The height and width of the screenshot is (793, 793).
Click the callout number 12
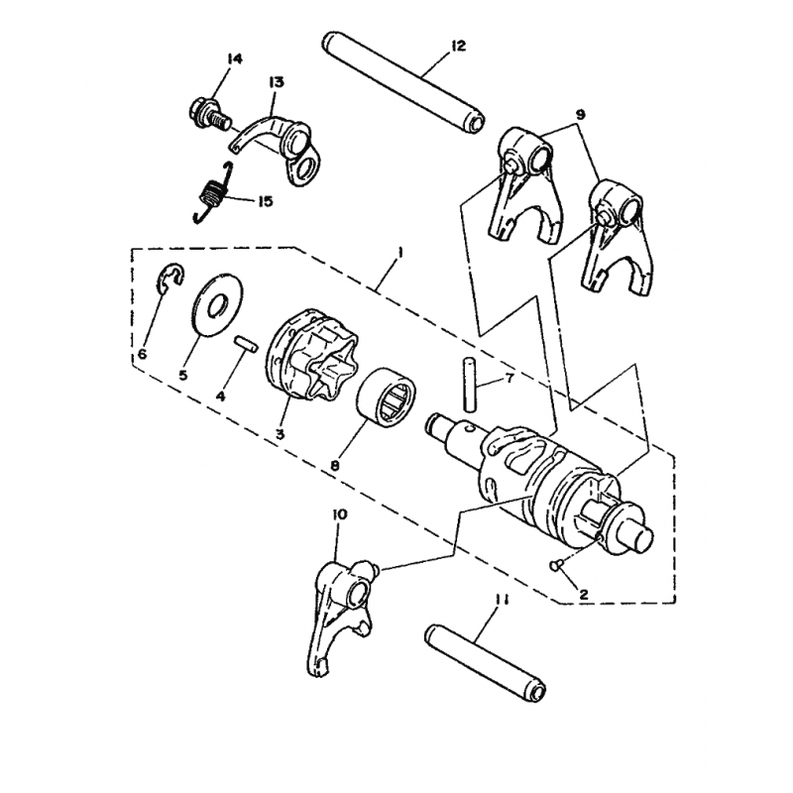click(x=457, y=47)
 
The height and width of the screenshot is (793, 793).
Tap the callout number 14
click(x=234, y=59)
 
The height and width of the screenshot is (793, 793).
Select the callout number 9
click(x=580, y=115)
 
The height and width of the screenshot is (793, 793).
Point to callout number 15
click(x=265, y=201)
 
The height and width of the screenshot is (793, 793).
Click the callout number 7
click(x=509, y=378)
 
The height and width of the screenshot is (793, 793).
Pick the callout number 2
click(x=584, y=595)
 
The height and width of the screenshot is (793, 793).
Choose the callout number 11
click(x=503, y=601)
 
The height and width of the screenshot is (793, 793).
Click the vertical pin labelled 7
click(x=469, y=384)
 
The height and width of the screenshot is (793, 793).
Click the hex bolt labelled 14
click(x=209, y=113)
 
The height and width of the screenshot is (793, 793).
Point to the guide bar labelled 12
click(x=403, y=83)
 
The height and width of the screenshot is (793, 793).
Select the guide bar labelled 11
click(x=486, y=662)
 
